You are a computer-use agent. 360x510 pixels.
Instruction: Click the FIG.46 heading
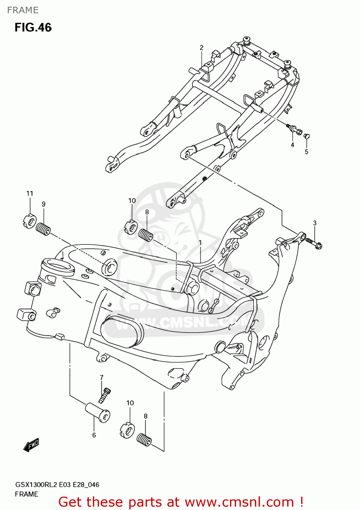pos(33,27)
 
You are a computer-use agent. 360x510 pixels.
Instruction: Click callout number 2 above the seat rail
pos(201,48)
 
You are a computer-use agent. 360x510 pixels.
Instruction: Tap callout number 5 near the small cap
pos(306,152)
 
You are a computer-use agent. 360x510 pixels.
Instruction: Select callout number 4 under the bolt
pos(292,145)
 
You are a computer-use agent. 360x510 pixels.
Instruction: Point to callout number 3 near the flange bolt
pos(315,223)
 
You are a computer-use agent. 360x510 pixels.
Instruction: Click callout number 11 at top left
pos(30,193)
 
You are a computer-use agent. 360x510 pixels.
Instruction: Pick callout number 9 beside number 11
pos(44,204)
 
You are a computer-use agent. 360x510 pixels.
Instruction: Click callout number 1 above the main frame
pos(200,243)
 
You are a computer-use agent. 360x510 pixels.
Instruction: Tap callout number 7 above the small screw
pos(101,377)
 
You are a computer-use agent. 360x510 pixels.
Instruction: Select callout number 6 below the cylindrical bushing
pos(94,435)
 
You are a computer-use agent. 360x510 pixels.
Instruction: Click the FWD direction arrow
pos(31,445)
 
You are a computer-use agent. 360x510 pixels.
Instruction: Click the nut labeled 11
pos(29,221)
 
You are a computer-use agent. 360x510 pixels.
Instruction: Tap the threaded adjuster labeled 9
pos(43,229)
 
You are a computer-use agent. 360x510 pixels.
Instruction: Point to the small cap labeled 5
pos(306,136)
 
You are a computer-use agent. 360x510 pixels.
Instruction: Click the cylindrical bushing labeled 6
pos(98,412)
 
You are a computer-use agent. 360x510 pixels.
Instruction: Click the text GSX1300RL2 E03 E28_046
pos(57,485)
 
